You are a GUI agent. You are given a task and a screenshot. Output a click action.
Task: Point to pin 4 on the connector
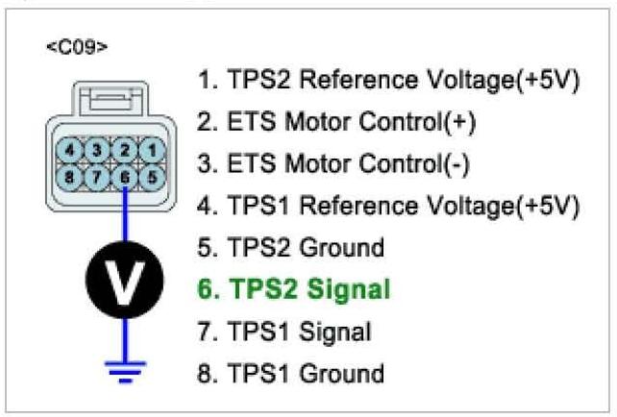click(82, 149)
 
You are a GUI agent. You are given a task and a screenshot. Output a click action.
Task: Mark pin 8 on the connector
click(82, 177)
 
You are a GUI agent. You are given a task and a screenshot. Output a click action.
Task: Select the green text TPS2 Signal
click(294, 288)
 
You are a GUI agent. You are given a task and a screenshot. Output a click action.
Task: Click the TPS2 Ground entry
click(290, 247)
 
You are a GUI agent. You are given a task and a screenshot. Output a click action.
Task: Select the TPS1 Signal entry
click(285, 331)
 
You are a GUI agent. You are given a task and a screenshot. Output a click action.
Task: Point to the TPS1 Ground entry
click(290, 373)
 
